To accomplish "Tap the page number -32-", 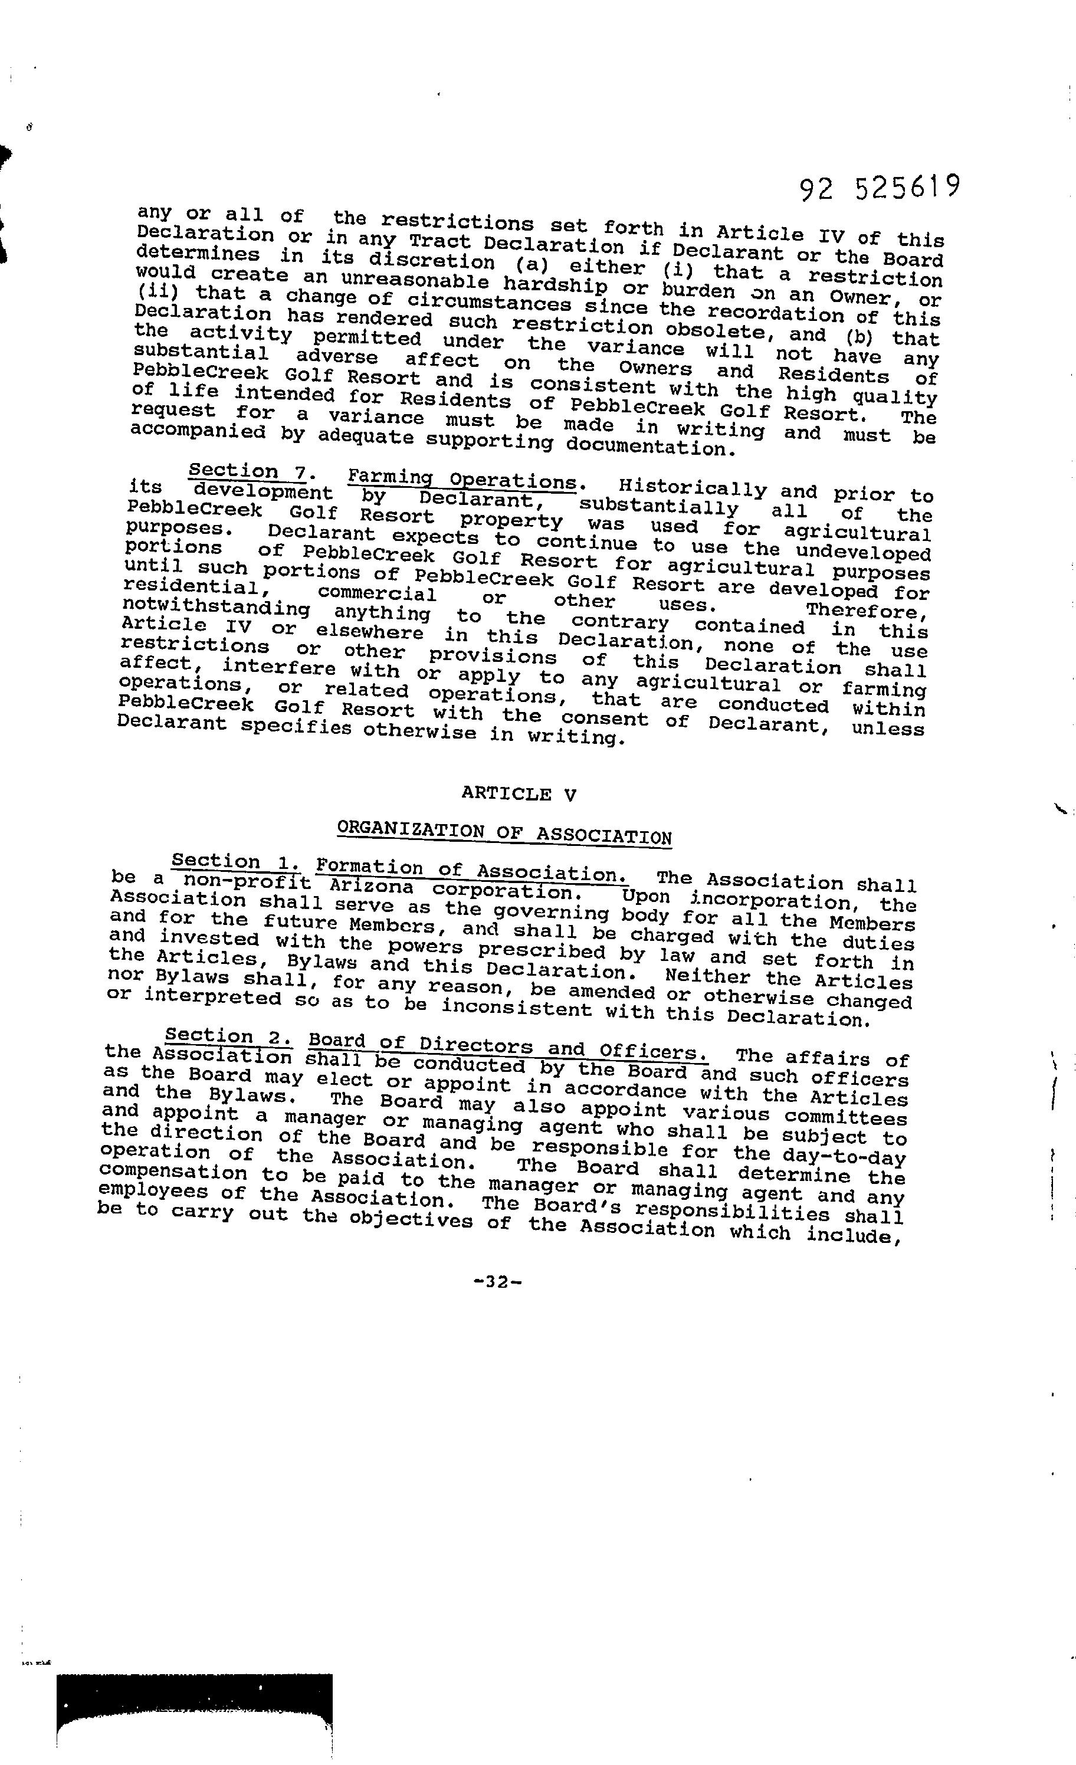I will click(497, 1281).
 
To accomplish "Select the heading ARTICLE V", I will click(519, 793).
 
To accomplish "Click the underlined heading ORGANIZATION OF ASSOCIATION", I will click(504, 833).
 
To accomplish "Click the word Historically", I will click(693, 489).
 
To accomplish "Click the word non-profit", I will click(247, 881).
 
